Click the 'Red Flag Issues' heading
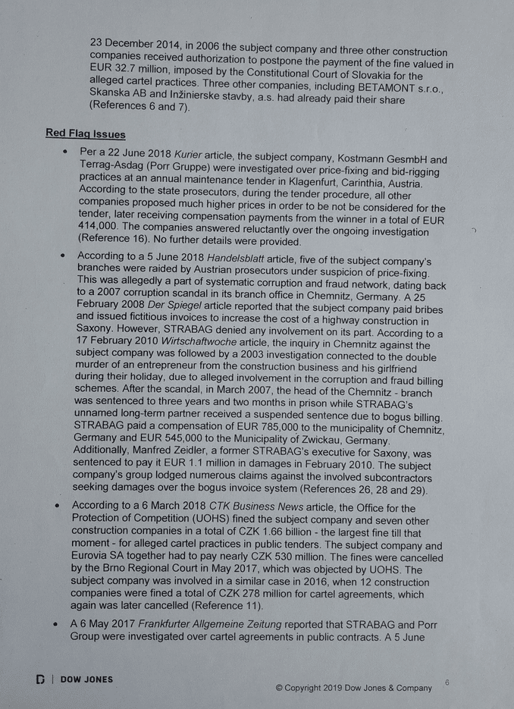point(86,134)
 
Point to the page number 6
point(447,682)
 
